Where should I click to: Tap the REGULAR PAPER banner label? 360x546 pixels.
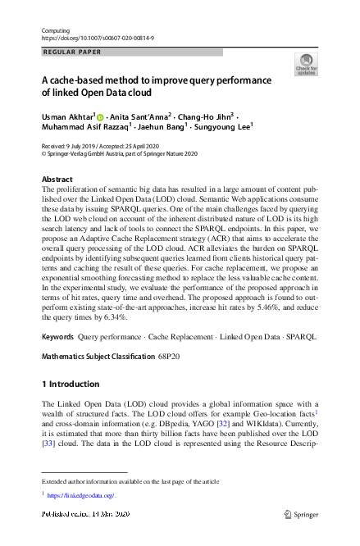[x=71, y=52]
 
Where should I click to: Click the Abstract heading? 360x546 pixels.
[x=57, y=180]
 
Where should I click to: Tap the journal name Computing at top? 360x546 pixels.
[x=55, y=30]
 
